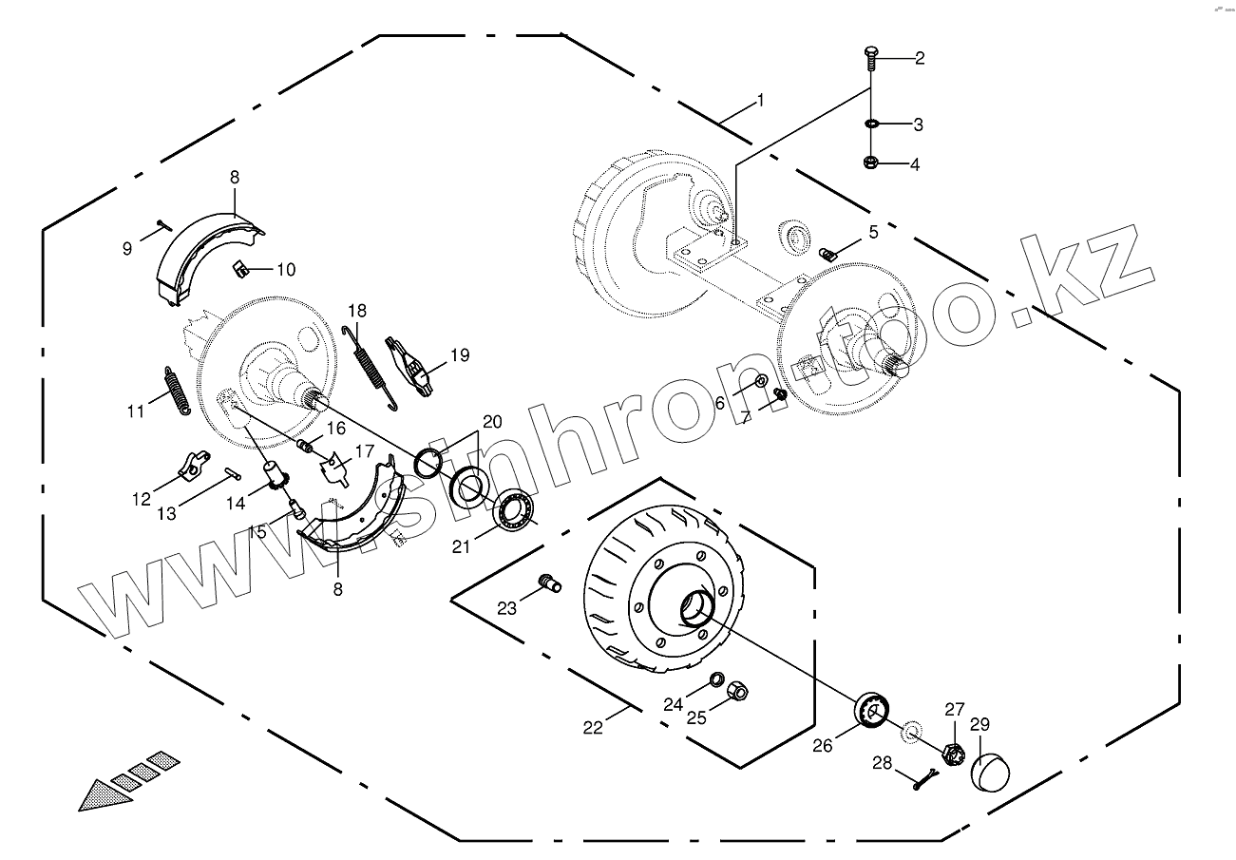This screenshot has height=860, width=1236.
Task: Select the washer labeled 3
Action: pyautogui.click(x=871, y=124)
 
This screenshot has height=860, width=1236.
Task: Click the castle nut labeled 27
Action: pyautogui.click(x=954, y=754)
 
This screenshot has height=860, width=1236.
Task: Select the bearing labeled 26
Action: pyautogui.click(x=872, y=710)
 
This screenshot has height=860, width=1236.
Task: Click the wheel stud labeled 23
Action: pyautogui.click(x=550, y=581)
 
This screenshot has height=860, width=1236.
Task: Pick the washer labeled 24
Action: pyautogui.click(x=717, y=681)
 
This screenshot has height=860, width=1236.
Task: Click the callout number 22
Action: pyautogui.click(x=593, y=728)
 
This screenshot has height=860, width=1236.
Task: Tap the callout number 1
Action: pyautogui.click(x=759, y=101)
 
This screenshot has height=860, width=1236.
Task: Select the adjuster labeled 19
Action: pyautogui.click(x=412, y=366)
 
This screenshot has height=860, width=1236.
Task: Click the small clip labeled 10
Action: pyautogui.click(x=241, y=270)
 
